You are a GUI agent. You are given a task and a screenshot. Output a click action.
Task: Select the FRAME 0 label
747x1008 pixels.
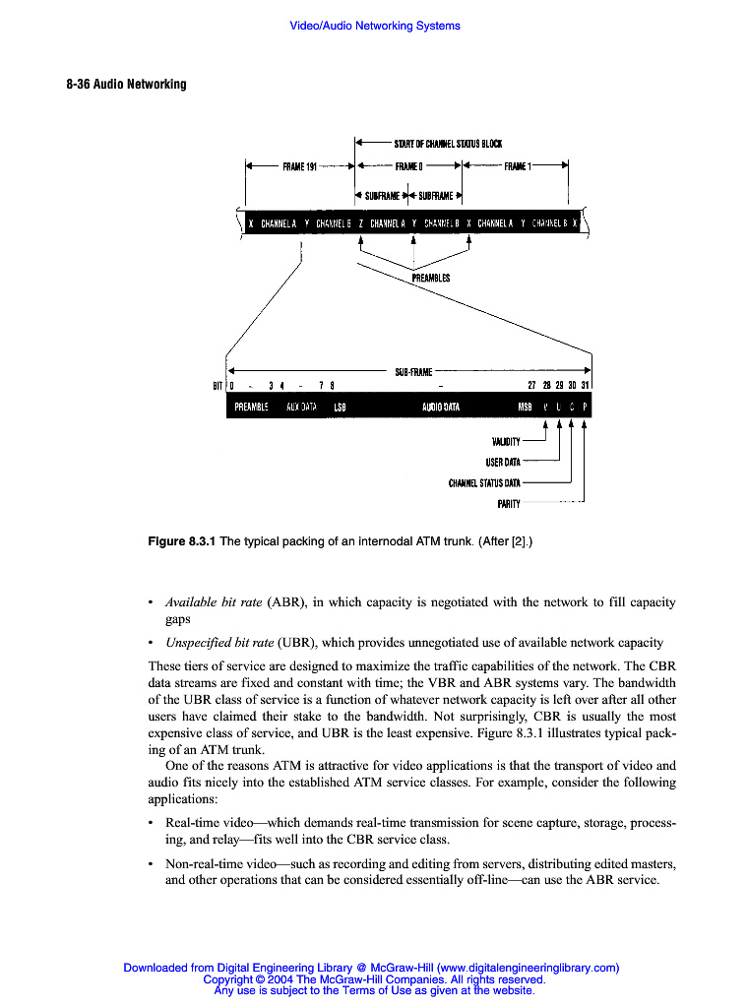pyautogui.click(x=408, y=167)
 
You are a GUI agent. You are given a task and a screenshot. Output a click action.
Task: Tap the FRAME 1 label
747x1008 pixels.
pyautogui.click(x=519, y=167)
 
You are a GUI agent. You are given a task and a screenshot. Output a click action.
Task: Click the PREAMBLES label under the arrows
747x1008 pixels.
pyautogui.click(x=430, y=279)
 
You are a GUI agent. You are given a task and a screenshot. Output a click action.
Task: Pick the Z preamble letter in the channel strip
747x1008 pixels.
pyautogui.click(x=361, y=223)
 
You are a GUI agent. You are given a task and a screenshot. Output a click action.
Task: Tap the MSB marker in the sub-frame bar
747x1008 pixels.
pyautogui.click(x=525, y=406)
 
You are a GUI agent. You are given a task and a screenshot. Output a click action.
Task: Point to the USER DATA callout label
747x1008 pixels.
pyautogui.click(x=502, y=463)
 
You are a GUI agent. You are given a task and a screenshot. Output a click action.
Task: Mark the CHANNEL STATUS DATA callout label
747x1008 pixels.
pyautogui.click(x=484, y=483)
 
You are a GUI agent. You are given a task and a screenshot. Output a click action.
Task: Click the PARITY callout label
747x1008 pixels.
pyautogui.click(x=508, y=504)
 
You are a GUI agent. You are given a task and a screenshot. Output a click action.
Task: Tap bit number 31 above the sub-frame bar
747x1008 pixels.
pyautogui.click(x=584, y=385)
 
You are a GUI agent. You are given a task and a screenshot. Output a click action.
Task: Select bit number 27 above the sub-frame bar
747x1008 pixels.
pyautogui.click(x=532, y=385)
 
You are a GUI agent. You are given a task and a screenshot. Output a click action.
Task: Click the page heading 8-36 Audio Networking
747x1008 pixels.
pyautogui.click(x=126, y=85)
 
